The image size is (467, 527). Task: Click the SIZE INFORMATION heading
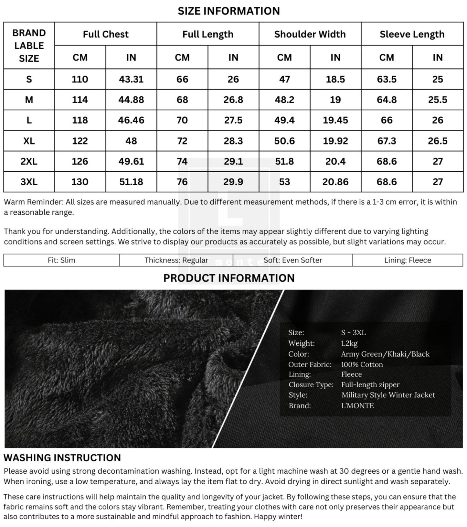pyautogui.click(x=228, y=11)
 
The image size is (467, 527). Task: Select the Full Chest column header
pyautogui.click(x=106, y=34)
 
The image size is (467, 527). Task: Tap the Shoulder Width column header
pyautogui.click(x=310, y=34)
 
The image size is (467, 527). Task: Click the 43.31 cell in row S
pyautogui.click(x=131, y=79)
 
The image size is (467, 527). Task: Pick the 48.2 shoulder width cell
pyautogui.click(x=284, y=100)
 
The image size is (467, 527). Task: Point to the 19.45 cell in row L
pyautogui.click(x=335, y=120)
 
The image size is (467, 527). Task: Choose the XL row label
pyautogui.click(x=29, y=141)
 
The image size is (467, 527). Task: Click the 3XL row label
pyautogui.click(x=29, y=182)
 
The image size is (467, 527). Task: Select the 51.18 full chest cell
pyautogui.click(x=131, y=182)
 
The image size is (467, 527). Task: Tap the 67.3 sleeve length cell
pyautogui.click(x=387, y=141)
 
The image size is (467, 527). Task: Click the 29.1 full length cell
pyautogui.click(x=233, y=161)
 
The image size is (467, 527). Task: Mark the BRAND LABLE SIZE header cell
pyautogui.click(x=29, y=46)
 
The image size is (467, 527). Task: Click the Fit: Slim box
pyautogui.click(x=61, y=260)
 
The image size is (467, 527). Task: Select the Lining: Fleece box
pyautogui.click(x=408, y=260)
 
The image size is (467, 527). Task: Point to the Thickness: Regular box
pyautogui.click(x=176, y=260)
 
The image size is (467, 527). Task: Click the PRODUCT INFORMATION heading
pyautogui.click(x=229, y=278)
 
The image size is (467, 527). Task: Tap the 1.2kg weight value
pyautogui.click(x=349, y=343)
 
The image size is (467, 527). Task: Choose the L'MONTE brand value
pyautogui.click(x=357, y=406)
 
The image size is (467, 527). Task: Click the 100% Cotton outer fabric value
pyautogui.click(x=362, y=364)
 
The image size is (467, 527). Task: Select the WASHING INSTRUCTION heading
pyautogui.click(x=62, y=458)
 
